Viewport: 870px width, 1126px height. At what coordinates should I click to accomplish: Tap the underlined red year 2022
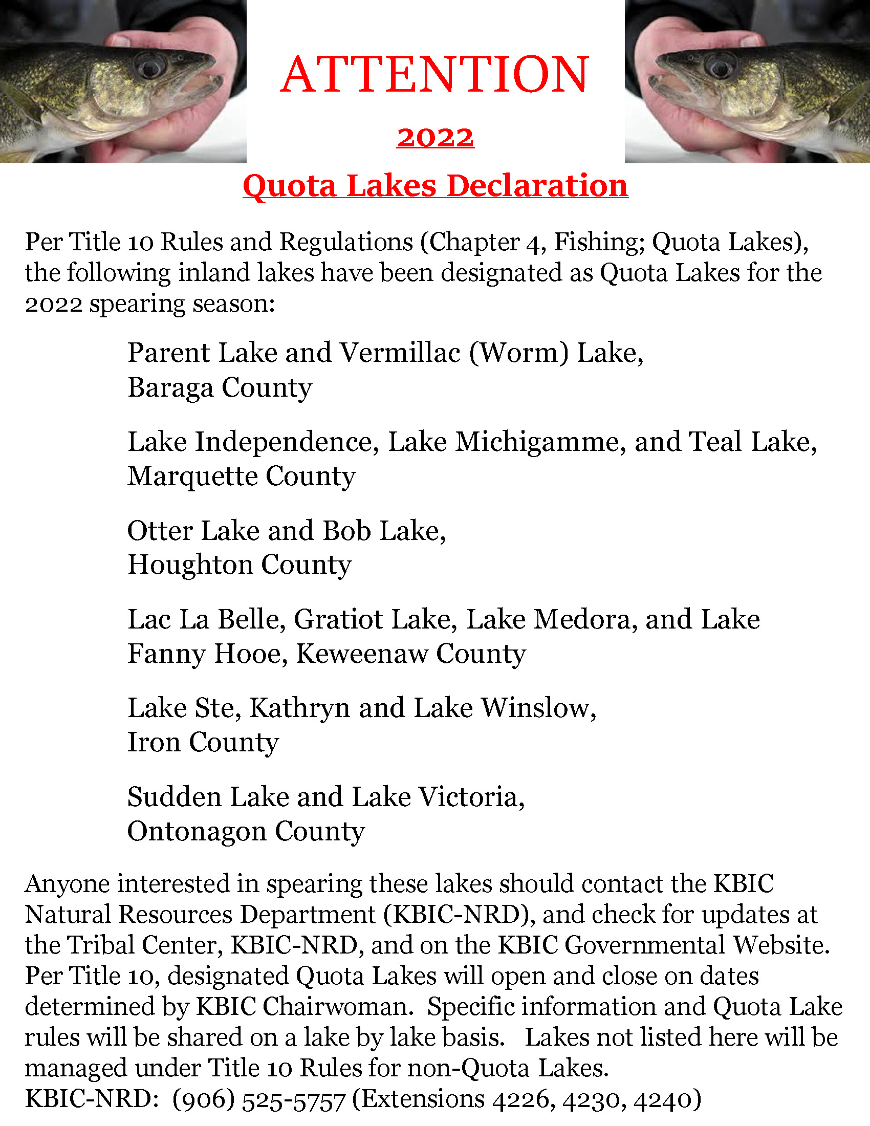(x=435, y=138)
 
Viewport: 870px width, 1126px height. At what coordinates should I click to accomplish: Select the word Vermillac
(x=400, y=353)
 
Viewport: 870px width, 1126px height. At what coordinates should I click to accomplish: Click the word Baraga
(x=170, y=388)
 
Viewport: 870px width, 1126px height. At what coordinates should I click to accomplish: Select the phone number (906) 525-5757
(x=259, y=1099)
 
